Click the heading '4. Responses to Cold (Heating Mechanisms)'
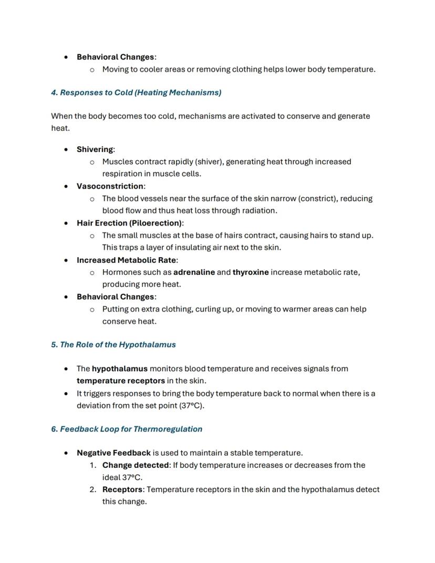point(136,93)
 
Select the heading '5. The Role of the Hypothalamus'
point(113,345)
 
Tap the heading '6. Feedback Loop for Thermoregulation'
point(127,429)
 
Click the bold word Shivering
point(95,149)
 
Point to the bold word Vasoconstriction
point(110,186)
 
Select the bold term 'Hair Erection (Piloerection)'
point(129,223)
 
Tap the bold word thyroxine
point(251,272)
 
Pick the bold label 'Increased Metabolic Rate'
point(126,260)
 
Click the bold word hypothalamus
point(119,368)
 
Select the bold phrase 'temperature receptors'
point(120,381)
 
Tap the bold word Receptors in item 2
point(122,489)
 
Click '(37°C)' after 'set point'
point(191,405)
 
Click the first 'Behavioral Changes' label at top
point(115,57)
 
